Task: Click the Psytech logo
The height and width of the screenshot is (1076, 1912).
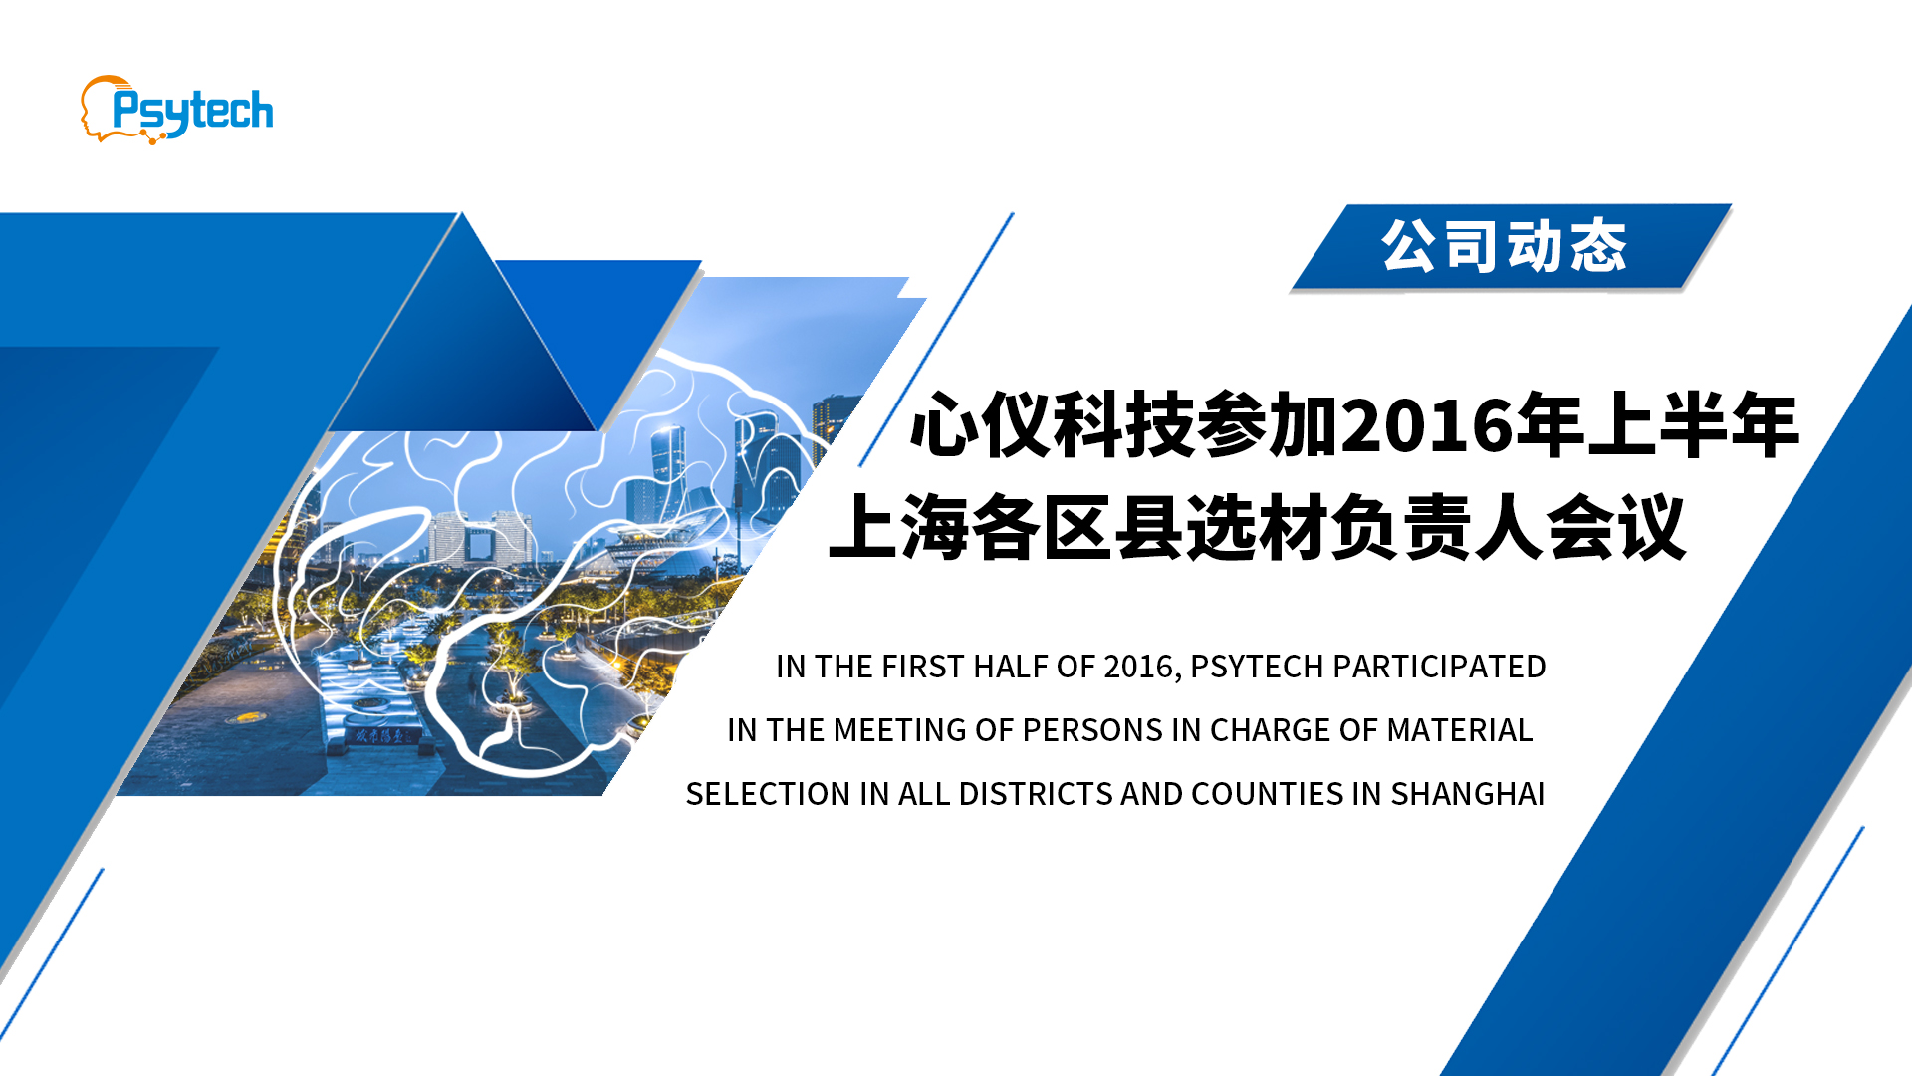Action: pos(176,110)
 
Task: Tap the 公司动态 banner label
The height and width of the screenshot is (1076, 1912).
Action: pos(1504,246)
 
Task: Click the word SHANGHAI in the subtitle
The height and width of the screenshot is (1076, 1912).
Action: pos(1467,794)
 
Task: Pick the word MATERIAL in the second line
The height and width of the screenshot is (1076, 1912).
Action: pos(1459,730)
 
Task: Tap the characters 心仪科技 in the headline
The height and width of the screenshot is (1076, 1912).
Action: pos(1052,426)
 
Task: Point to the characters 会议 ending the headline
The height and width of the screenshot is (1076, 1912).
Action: pos(1615,526)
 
